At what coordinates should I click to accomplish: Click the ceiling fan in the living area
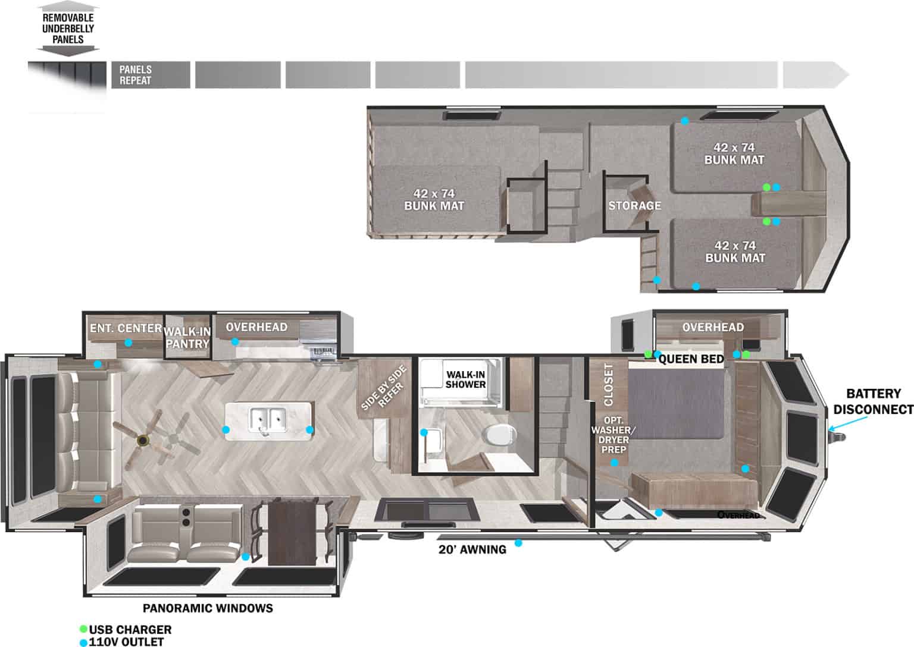coord(143,440)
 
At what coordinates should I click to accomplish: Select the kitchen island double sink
coord(268,420)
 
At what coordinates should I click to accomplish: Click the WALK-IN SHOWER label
coord(466,379)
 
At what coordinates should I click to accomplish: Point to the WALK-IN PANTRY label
coord(187,337)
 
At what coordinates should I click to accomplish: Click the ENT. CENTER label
coord(126,328)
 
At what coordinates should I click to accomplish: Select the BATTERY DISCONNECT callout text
coord(872,401)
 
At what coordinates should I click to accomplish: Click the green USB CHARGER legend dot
coord(83,629)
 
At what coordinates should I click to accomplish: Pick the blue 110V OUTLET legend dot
coord(83,642)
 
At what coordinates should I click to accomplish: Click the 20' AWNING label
coord(472,549)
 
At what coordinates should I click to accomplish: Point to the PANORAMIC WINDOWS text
coord(208,608)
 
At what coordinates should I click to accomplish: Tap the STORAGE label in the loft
coord(634,206)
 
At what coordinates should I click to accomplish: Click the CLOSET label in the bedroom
coord(608,385)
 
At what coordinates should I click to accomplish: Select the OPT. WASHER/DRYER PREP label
coord(613,439)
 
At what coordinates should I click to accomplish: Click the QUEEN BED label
coord(691,359)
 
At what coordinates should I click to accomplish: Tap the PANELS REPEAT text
coord(136,75)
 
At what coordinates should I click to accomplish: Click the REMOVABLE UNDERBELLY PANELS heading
coord(68,29)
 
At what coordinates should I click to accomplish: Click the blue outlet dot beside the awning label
coord(518,543)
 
